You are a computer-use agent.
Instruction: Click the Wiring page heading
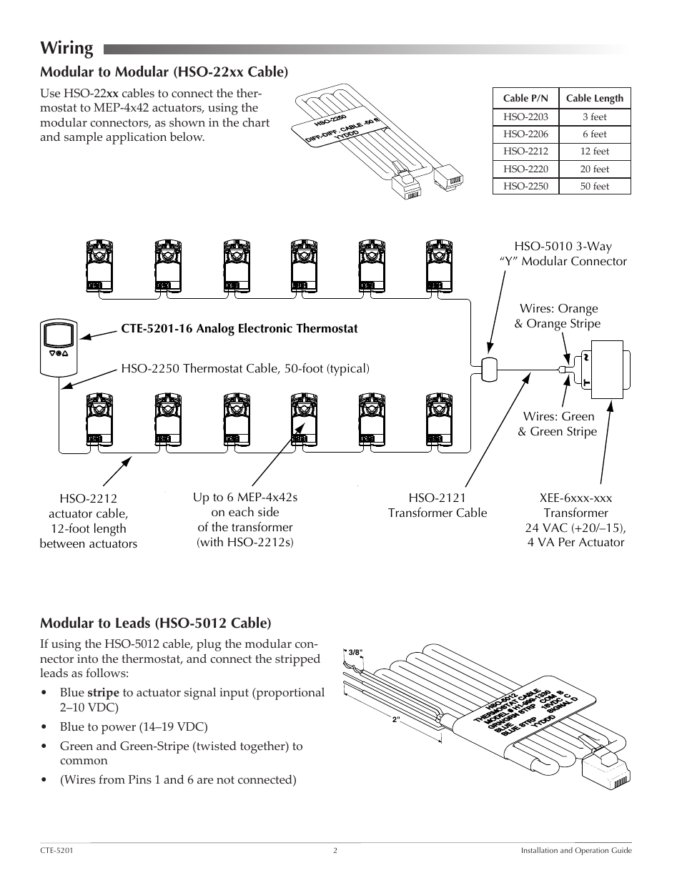66,48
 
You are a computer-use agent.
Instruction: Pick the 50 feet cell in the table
594,187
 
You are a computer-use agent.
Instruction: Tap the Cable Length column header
594,99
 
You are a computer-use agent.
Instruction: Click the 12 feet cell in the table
594,152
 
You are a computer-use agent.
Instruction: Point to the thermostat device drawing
58,348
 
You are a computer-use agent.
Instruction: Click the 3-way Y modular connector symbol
490,369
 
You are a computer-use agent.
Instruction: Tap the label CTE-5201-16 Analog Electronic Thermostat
239,329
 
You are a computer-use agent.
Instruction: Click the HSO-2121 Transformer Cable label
437,505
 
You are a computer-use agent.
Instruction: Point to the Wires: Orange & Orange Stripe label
558,316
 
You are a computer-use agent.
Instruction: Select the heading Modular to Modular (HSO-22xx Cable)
164,71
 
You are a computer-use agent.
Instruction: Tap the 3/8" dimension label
355,652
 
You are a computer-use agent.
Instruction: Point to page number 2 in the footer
335,851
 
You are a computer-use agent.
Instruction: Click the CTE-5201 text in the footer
56,851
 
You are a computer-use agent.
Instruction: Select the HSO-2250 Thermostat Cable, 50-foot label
245,369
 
